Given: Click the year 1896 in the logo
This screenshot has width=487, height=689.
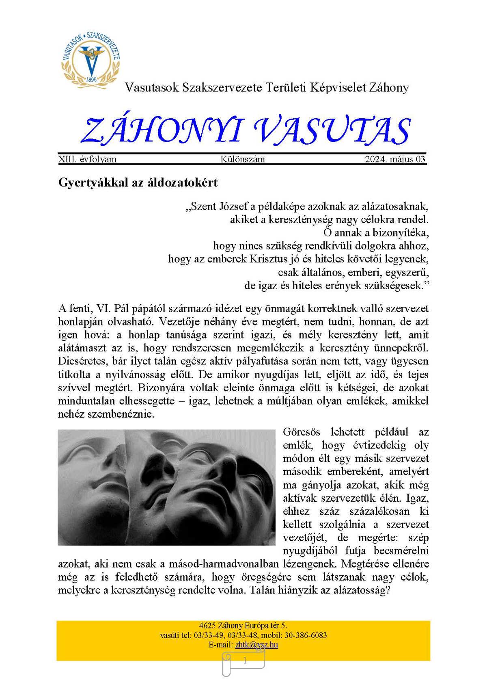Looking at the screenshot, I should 91,80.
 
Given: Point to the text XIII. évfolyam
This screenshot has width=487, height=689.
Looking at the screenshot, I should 87,159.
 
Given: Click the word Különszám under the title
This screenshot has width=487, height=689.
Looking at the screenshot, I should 243,159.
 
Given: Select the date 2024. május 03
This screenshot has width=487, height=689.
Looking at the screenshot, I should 395,159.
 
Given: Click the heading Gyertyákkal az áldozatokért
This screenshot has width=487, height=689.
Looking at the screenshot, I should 138,182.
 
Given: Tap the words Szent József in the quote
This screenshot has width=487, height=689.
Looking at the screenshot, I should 217,206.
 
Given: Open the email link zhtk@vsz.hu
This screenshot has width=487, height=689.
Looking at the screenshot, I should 256,645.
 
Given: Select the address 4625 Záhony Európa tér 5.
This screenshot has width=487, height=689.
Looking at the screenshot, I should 243,626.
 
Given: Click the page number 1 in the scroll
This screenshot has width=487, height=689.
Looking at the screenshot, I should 245,661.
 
